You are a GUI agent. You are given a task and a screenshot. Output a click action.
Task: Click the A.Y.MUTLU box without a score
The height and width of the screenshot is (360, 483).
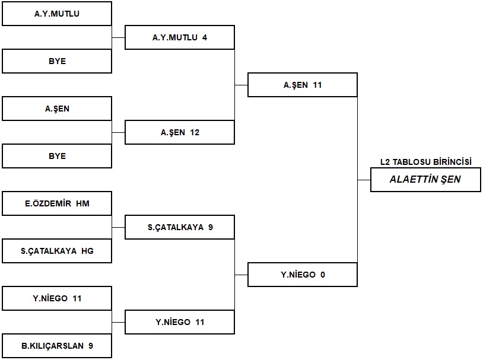[x=57, y=14]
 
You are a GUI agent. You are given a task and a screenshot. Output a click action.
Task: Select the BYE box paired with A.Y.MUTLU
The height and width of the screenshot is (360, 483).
[x=57, y=61]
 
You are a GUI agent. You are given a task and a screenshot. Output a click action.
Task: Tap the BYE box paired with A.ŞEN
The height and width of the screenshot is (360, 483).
[x=57, y=156]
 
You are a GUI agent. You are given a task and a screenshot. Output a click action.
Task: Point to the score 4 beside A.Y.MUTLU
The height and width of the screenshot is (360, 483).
[x=205, y=37]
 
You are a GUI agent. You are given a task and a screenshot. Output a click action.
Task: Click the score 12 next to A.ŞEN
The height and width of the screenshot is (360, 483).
[x=195, y=132]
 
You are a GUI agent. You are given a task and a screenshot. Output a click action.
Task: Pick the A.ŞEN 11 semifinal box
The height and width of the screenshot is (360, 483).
[x=303, y=85]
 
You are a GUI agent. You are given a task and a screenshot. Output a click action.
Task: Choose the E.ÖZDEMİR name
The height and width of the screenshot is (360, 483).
[x=48, y=203]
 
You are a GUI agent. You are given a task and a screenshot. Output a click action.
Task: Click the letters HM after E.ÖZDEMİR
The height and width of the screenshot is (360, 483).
[x=83, y=203]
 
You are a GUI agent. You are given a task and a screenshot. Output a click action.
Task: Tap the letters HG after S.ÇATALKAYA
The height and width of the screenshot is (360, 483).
[x=87, y=251]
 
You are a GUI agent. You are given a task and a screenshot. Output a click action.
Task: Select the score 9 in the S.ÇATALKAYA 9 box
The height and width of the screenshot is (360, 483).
[x=211, y=227]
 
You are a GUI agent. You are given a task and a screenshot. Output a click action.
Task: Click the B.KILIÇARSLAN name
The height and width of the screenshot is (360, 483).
[x=53, y=346]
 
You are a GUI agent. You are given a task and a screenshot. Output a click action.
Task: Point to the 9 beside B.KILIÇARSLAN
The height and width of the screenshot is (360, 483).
[x=91, y=346]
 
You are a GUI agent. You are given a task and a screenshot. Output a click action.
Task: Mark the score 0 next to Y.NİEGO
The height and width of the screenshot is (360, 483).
[x=323, y=275]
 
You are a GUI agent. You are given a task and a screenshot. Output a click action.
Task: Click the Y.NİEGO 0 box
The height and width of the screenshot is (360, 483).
[x=303, y=275]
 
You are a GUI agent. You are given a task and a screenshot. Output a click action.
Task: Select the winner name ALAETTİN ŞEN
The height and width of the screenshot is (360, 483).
[x=425, y=179]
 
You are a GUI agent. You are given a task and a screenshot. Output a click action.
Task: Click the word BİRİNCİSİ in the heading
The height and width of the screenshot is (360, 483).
[x=453, y=162]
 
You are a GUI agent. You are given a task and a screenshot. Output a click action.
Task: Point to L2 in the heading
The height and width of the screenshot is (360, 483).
[x=385, y=162]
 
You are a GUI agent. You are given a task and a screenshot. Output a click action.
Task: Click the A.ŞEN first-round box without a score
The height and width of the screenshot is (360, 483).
[x=57, y=109]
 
